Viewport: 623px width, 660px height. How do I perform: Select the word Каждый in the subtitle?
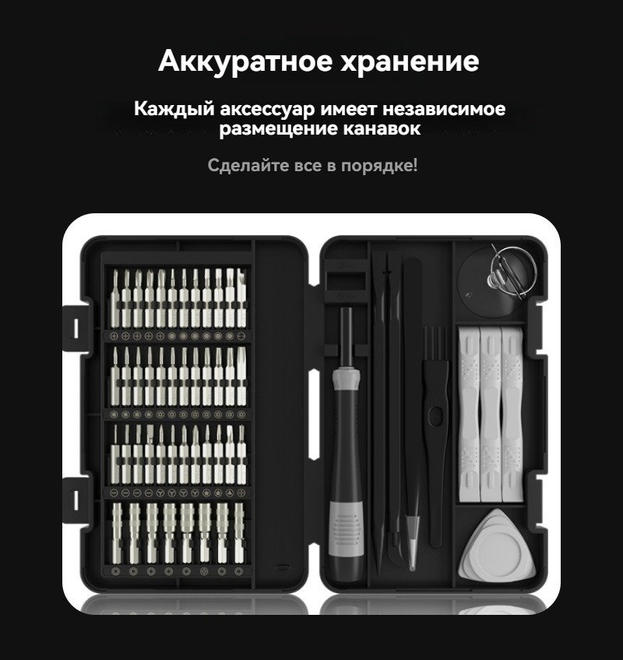pyautogui.click(x=174, y=109)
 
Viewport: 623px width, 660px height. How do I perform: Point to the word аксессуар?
pyautogui.click(x=267, y=109)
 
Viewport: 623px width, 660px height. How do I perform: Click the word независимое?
pyautogui.click(x=444, y=108)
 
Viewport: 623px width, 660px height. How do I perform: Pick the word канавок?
pyautogui.click(x=382, y=128)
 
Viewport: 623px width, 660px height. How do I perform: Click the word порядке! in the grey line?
pyautogui.click(x=379, y=166)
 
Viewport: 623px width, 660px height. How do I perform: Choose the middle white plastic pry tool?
pyautogui.click(x=491, y=415)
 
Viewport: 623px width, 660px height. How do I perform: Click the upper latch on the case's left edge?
pyautogui.click(x=76, y=328)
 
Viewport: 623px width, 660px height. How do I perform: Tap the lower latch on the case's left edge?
pyautogui.click(x=76, y=500)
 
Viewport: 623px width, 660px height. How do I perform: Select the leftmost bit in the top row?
pyautogui.click(x=115, y=300)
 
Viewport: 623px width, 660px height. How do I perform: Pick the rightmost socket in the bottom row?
pyautogui.click(x=239, y=532)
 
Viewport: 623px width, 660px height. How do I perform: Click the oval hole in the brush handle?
pyautogui.click(x=435, y=416)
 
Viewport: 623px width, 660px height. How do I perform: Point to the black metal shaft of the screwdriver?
pyautogui.click(x=347, y=337)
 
